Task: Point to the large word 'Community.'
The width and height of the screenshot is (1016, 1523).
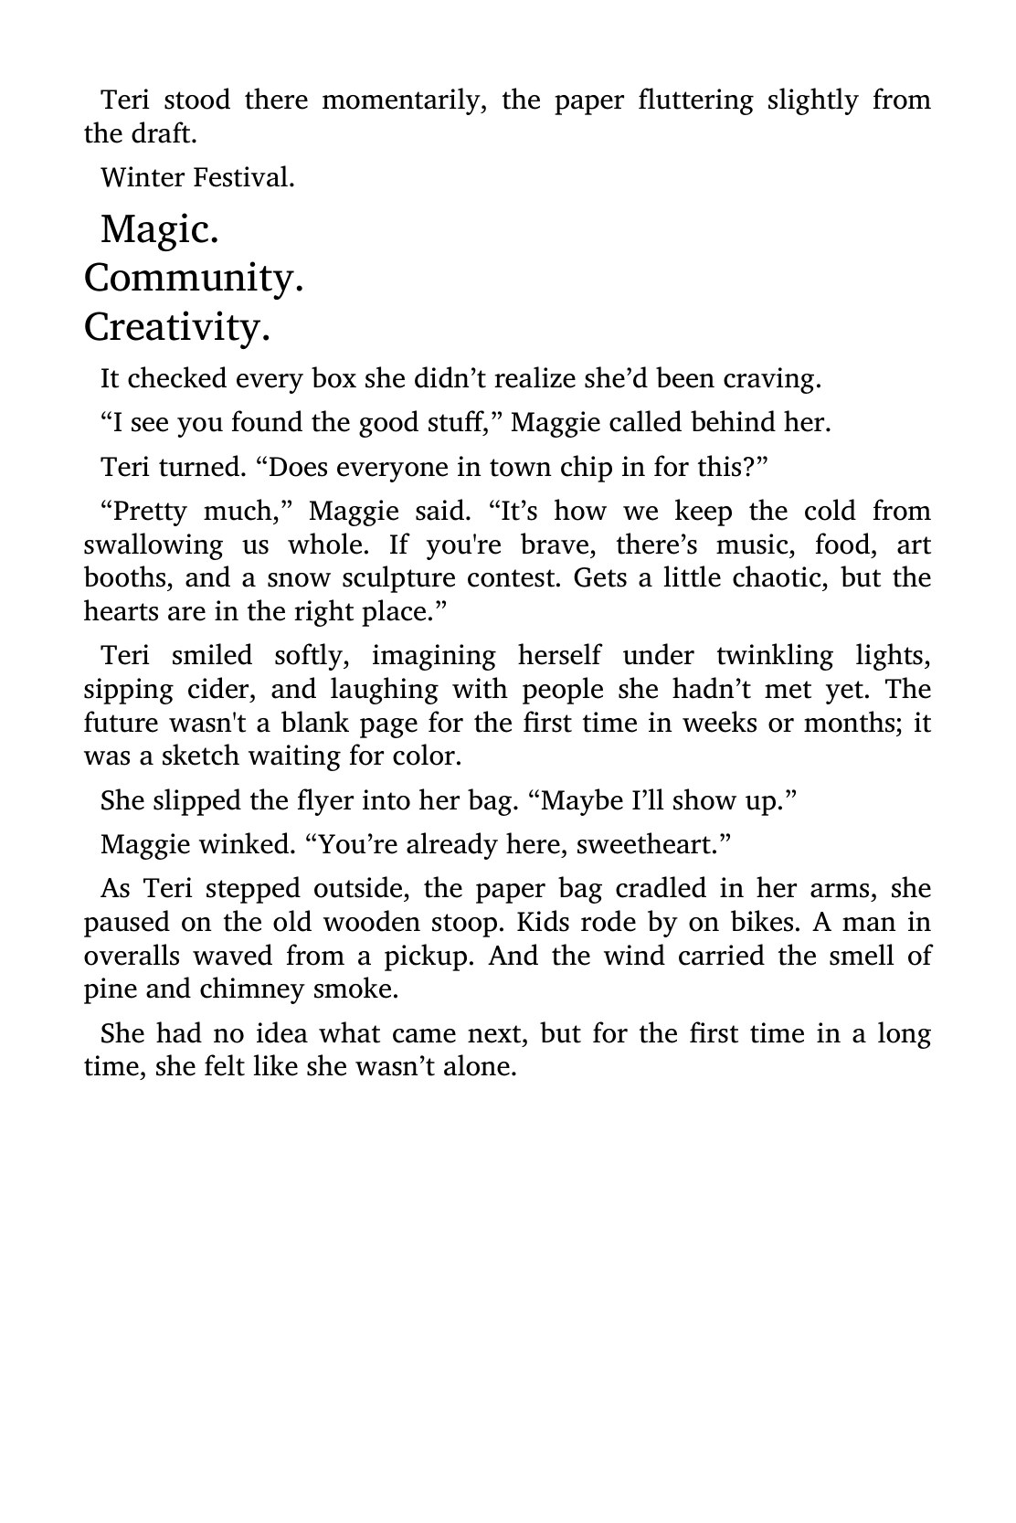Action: point(194,278)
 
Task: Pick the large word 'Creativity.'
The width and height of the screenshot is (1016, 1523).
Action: point(177,327)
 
